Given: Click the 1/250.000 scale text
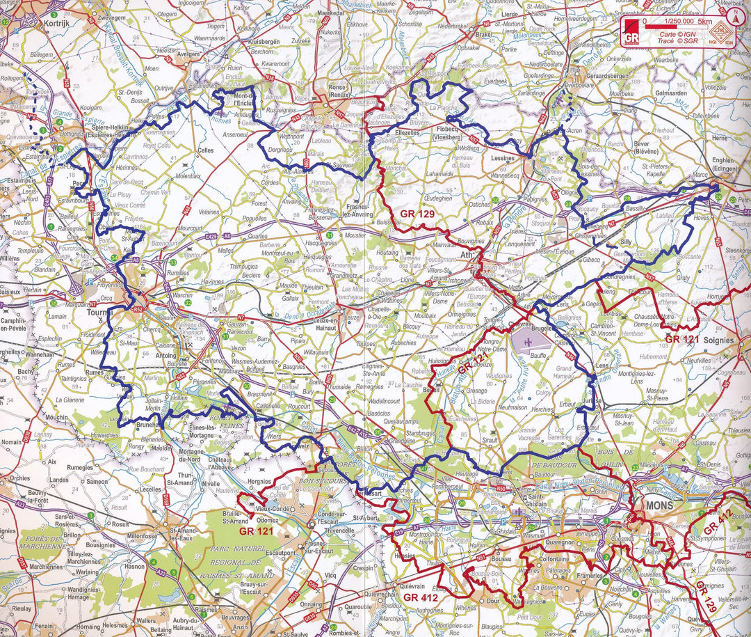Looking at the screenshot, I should coord(679,20).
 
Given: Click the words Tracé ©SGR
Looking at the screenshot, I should coord(675,42).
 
